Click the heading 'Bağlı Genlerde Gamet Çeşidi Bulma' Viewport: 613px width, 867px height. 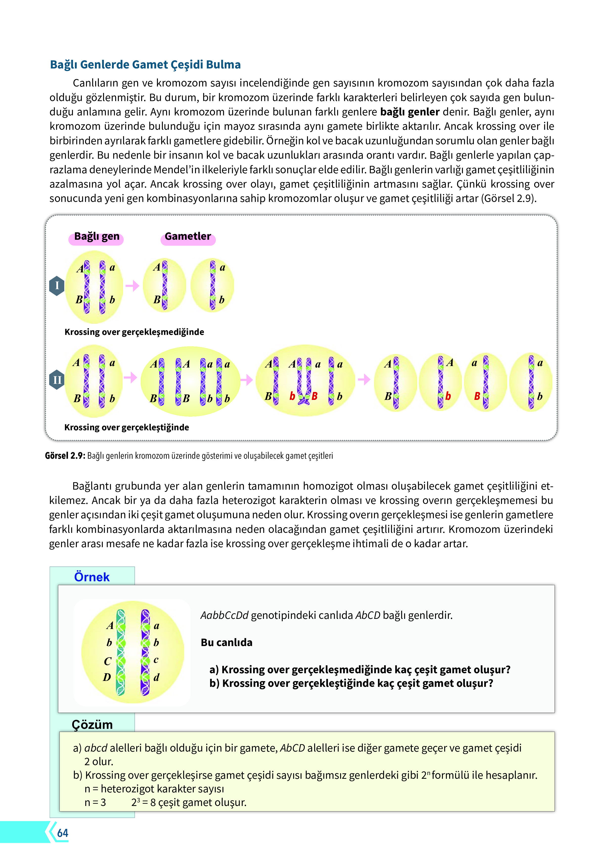click(x=145, y=65)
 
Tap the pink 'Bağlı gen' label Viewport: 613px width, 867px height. click(x=96, y=237)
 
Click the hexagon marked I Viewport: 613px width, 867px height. click(x=57, y=285)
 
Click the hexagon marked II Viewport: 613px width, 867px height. click(x=57, y=380)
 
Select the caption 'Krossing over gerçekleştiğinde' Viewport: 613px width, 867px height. click(x=127, y=428)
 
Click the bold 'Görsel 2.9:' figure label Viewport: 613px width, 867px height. click(x=65, y=456)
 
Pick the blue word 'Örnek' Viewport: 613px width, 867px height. click(x=92, y=577)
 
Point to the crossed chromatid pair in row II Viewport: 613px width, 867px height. click(x=304, y=381)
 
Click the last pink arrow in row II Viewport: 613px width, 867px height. click(x=364, y=379)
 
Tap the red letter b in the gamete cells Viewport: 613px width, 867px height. click(x=448, y=396)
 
